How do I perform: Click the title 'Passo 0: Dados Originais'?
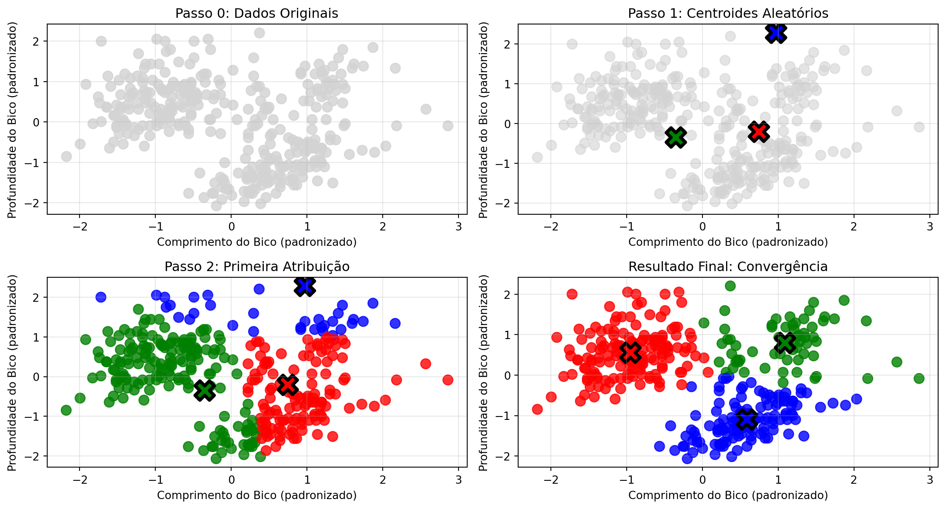(257, 13)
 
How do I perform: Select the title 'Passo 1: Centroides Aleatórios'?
(728, 13)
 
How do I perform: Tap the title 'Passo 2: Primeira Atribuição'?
(257, 267)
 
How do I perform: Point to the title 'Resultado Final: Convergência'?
(728, 267)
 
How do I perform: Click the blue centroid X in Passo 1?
(776, 33)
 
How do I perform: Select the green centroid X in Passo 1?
(676, 137)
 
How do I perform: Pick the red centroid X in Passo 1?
(759, 131)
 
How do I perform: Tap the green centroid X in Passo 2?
(205, 390)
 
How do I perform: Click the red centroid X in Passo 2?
(287, 385)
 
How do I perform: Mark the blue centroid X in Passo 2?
(305, 286)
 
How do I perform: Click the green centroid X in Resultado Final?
(785, 342)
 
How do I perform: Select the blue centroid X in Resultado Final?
(747, 419)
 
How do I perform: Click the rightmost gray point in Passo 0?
(448, 126)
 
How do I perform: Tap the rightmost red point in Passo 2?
(448, 380)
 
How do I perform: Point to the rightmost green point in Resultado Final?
(919, 378)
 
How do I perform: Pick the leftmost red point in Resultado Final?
(537, 410)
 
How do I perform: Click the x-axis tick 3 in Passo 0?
(459, 226)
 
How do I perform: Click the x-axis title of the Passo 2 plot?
(257, 495)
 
